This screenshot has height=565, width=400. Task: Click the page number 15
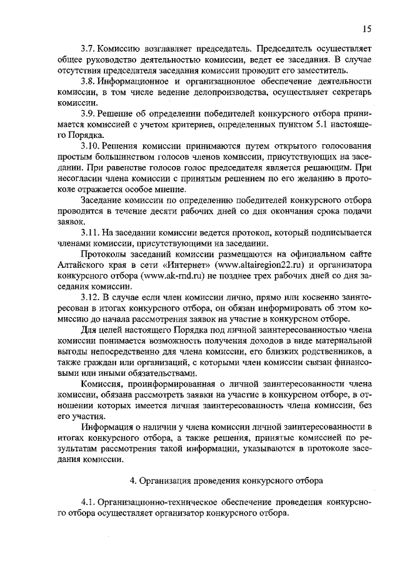click(367, 28)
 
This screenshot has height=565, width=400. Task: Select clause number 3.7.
click(89, 48)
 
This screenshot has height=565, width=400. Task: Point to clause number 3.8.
click(89, 82)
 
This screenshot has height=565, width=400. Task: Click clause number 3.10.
click(91, 146)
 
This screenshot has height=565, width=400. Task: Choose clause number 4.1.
click(89, 503)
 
